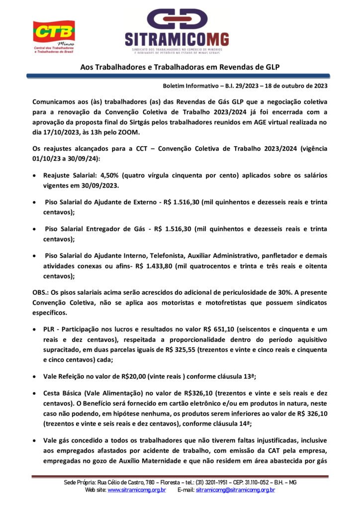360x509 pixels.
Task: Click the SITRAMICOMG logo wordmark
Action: pos(177,39)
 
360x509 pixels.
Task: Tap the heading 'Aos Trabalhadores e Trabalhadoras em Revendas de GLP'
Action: pos(180,67)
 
